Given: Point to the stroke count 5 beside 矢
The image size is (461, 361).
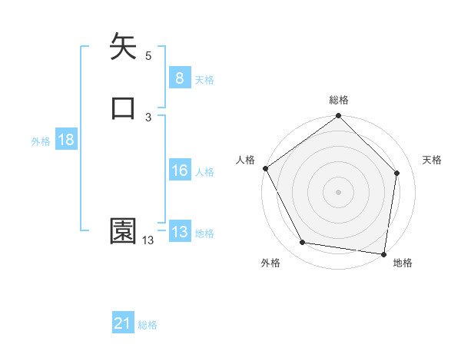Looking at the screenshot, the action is [x=148, y=55].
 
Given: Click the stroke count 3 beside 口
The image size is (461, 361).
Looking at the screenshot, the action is [x=148, y=117].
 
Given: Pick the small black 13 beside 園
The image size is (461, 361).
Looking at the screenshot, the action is [x=148, y=240].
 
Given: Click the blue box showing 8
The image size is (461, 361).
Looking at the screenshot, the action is [x=179, y=78].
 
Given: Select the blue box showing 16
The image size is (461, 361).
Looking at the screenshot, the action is [x=179, y=171].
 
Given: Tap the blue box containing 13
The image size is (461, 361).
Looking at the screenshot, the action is [x=179, y=232].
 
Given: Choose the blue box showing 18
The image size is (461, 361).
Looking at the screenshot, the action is [x=65, y=140].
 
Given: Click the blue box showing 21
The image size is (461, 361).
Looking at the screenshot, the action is [x=123, y=324].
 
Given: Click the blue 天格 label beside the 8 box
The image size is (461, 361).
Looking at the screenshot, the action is [x=204, y=80].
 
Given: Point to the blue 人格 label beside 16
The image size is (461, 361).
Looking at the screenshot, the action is [x=204, y=172].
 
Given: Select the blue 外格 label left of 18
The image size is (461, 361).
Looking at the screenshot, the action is [x=41, y=141].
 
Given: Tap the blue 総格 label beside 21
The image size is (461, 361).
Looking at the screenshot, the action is [x=148, y=326].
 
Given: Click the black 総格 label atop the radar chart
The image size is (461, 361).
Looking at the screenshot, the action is [x=339, y=100].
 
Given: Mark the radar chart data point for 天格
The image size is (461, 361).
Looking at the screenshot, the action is [x=397, y=173].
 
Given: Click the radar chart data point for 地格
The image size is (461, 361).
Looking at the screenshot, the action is [x=384, y=254].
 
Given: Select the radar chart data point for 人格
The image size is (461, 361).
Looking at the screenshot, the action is [x=265, y=168].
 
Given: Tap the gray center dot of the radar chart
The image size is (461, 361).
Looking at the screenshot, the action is [x=339, y=191].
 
